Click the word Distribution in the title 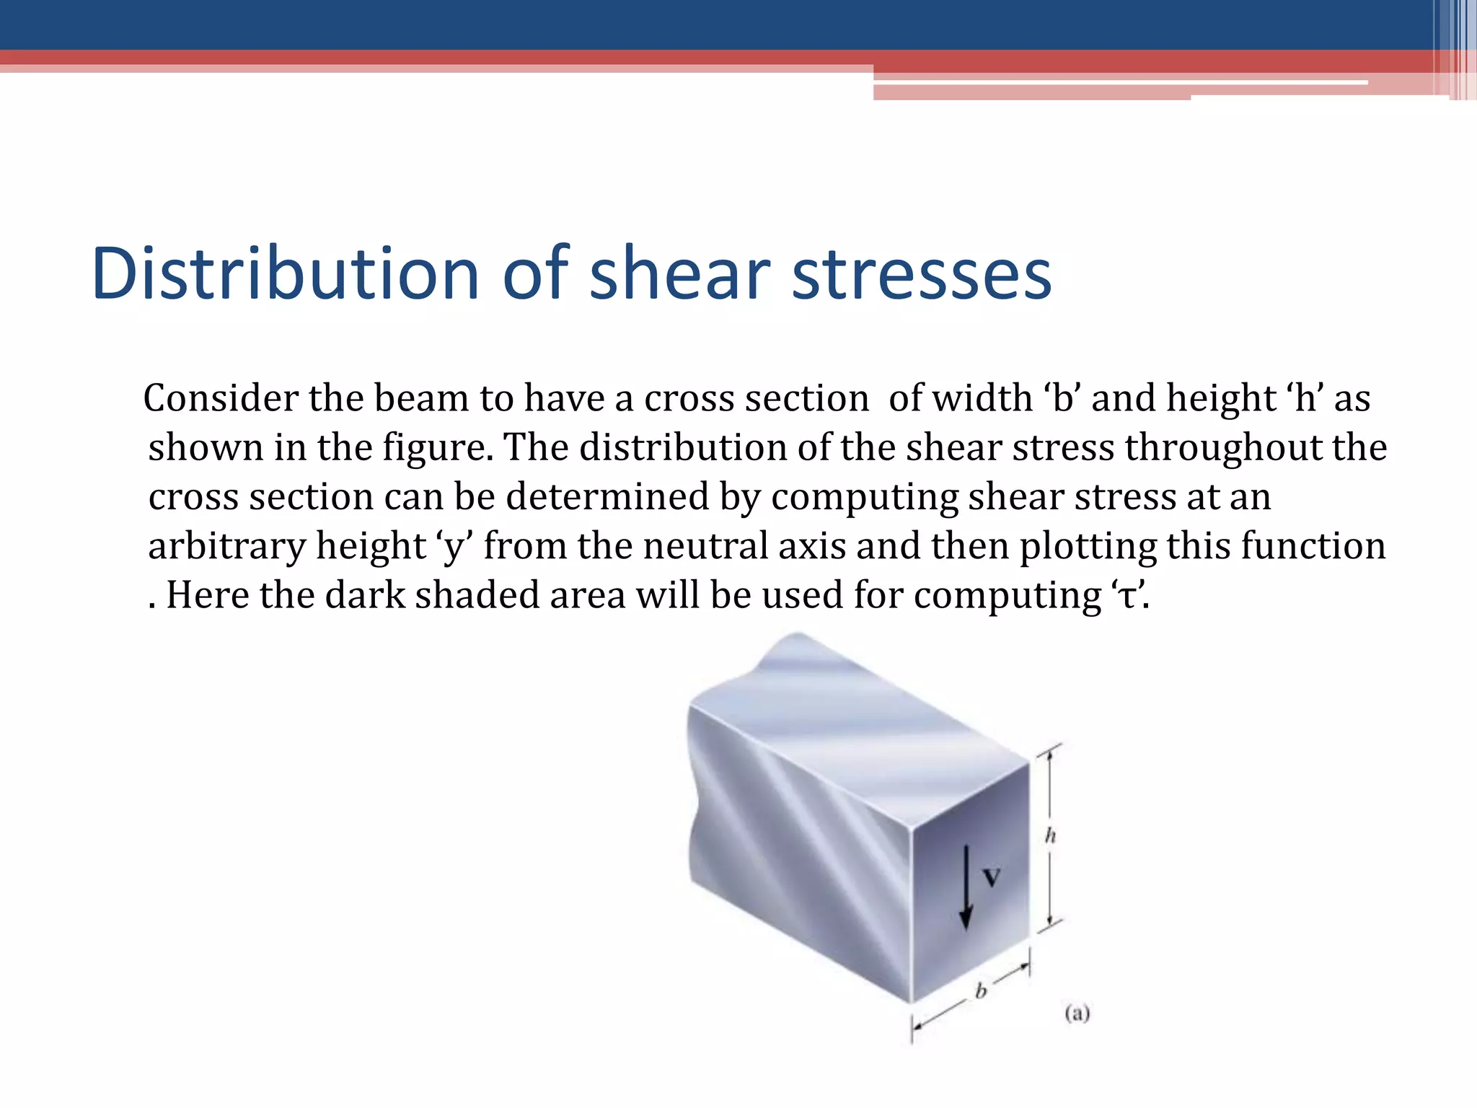(x=286, y=274)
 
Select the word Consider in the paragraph (x=221, y=398)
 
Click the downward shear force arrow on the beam (x=966, y=887)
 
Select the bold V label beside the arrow (x=992, y=877)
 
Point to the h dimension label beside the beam (x=1050, y=835)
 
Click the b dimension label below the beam (x=981, y=991)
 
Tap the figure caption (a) (x=1077, y=1014)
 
